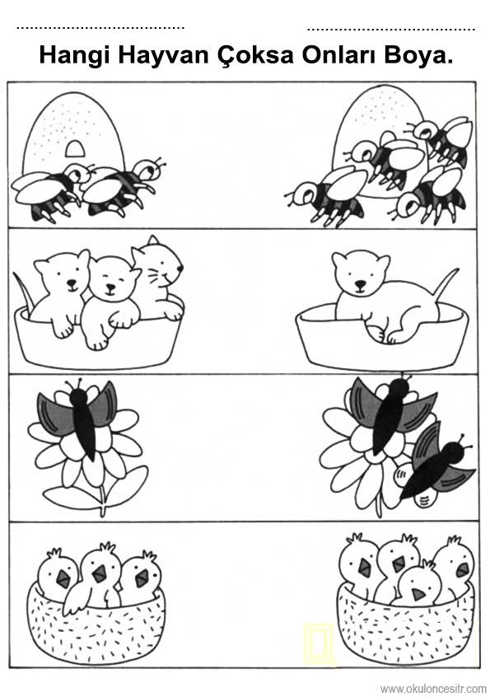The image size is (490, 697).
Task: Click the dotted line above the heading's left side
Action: (x=100, y=27)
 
